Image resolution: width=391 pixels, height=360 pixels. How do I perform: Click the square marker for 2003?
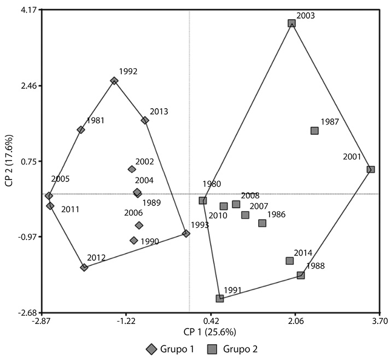point(291,23)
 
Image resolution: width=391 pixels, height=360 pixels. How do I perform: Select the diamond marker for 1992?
point(114,81)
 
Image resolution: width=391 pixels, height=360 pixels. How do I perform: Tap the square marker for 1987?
point(314,131)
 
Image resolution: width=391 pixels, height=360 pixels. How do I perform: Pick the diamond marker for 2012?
point(84,268)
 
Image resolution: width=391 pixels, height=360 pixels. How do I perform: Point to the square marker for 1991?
point(220,298)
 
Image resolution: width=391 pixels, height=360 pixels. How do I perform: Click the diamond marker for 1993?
point(186,234)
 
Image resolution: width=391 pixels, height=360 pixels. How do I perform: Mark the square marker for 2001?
point(370,169)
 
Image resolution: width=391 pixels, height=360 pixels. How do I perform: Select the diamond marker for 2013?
point(145,120)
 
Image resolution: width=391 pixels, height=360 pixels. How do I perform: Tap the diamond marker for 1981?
point(81,129)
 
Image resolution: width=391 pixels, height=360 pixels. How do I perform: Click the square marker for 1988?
point(301,275)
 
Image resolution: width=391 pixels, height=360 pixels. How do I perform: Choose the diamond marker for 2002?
point(132,169)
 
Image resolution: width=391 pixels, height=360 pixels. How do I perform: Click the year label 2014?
point(303,253)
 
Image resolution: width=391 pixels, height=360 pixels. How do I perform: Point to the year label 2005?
point(60,179)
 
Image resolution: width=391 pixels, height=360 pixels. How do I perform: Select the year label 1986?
point(276,215)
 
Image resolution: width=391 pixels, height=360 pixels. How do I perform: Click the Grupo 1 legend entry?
point(170,349)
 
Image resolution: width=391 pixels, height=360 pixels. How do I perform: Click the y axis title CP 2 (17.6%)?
point(9,162)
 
